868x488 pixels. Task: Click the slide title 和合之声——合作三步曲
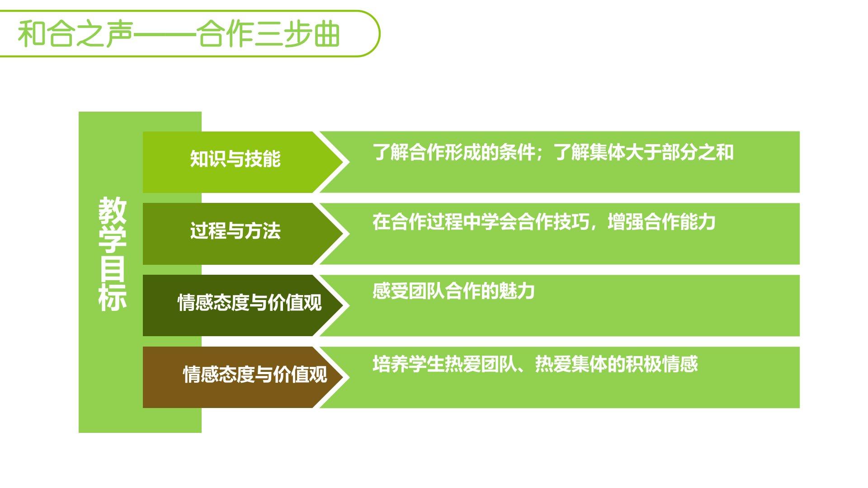click(179, 34)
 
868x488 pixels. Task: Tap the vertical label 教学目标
click(112, 254)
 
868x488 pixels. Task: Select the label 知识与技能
click(235, 159)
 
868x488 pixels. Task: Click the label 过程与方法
click(235, 231)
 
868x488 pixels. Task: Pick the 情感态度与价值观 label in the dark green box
click(250, 303)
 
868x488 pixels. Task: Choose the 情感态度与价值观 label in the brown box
click(255, 375)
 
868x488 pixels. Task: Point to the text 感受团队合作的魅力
click(453, 291)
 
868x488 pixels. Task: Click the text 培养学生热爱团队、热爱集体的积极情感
click(535, 364)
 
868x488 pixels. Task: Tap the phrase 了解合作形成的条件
click(453, 153)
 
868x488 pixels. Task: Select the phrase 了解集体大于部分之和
click(644, 153)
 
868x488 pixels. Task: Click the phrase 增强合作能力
click(661, 222)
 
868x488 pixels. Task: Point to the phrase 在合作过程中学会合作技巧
click(481, 222)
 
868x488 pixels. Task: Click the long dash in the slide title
click(165, 34)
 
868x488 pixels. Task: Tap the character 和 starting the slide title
click(32, 34)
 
